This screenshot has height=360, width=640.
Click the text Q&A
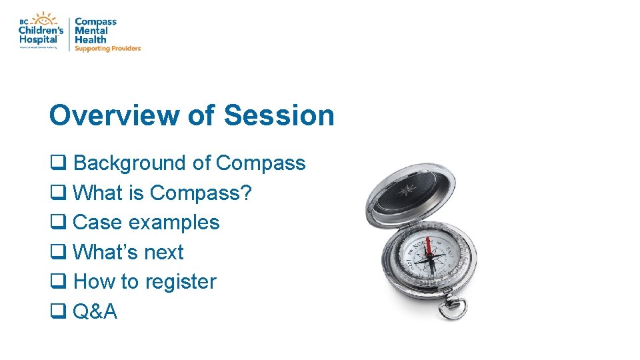coord(95,311)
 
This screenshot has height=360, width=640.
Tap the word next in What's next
coord(165,253)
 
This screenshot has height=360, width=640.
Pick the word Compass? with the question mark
coord(201,193)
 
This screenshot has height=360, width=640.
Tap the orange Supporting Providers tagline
coord(107,49)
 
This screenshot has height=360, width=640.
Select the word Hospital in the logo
coord(38,39)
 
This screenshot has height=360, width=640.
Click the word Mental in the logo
coord(91,31)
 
